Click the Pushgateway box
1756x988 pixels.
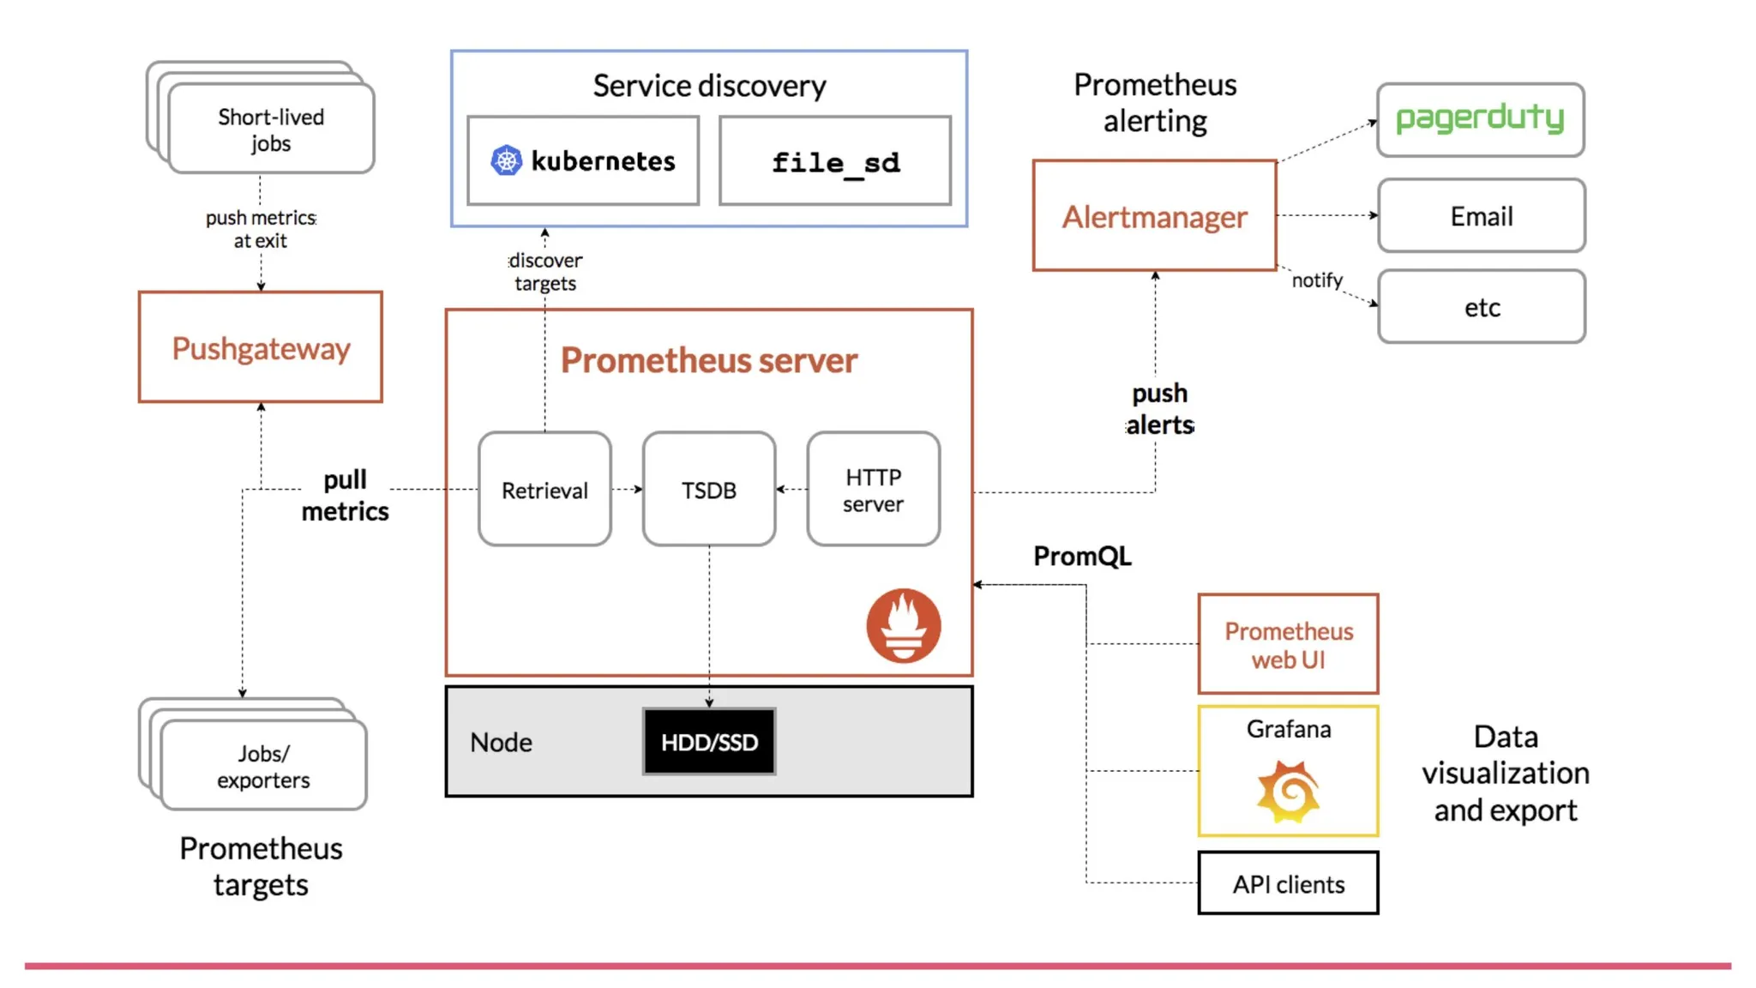pos(261,347)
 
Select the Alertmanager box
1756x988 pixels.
pos(1154,216)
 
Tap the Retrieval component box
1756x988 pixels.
pos(544,490)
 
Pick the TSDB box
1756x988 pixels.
pos(709,490)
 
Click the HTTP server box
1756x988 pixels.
pos(873,490)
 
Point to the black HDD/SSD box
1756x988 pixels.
pos(709,742)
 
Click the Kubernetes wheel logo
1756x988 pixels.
pos(506,160)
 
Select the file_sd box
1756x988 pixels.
pos(835,161)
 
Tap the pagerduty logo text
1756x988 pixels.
pos(1480,118)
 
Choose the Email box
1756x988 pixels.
pos(1481,216)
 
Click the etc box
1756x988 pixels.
pos(1481,307)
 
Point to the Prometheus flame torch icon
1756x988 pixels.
pos(903,625)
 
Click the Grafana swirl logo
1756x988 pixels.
pos(1288,791)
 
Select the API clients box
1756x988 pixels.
pos(1288,883)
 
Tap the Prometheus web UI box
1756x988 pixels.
pos(1288,645)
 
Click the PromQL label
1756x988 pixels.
pos(1082,556)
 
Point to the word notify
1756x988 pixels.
pos(1317,280)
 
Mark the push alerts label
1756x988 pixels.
pos(1159,409)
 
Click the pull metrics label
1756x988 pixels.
pos(345,496)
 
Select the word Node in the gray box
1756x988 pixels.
pos(501,742)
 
